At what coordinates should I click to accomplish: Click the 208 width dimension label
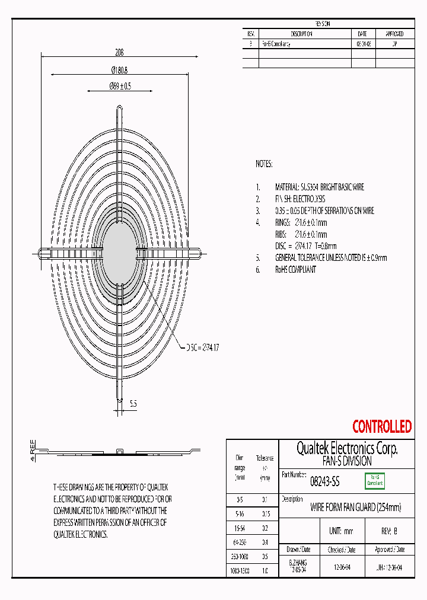120,52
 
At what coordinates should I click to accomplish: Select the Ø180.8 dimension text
120,70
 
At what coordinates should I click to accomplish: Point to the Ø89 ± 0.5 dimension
120,87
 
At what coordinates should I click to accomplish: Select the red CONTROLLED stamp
381,426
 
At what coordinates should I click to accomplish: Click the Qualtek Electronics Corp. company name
346,448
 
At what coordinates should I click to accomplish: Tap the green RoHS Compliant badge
374,481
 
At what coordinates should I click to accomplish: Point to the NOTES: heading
264,164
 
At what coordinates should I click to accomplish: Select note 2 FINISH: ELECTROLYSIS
299,199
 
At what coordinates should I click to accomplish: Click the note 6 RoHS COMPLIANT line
295,269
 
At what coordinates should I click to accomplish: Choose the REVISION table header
323,24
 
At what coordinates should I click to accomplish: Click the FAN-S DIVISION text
346,461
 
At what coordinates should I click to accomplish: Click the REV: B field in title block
389,531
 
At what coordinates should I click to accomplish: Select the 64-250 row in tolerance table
240,542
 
